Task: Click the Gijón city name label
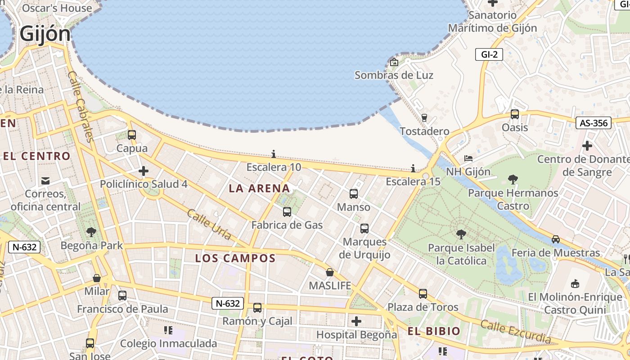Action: coord(45,34)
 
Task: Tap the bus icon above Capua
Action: coord(132,135)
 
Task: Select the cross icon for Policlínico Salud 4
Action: coord(144,171)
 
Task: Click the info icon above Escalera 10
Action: coord(274,154)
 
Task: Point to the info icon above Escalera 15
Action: coord(413,168)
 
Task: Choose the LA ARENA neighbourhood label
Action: coord(259,188)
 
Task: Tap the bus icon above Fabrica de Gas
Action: coord(287,211)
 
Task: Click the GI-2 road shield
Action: coord(489,54)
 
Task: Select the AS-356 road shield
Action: coord(594,123)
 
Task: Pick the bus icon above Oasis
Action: coord(515,114)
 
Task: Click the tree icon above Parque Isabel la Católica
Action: coord(461,234)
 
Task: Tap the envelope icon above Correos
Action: coord(45,181)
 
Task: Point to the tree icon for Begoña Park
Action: coord(91,232)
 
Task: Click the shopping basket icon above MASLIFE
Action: coord(330,272)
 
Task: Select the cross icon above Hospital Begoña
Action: coord(356,321)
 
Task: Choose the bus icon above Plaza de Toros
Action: coord(423,294)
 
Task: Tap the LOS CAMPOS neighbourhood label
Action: coord(235,258)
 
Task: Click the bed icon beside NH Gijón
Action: coord(468,158)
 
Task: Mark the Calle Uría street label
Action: coord(209,224)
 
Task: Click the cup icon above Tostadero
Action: coord(424,118)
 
